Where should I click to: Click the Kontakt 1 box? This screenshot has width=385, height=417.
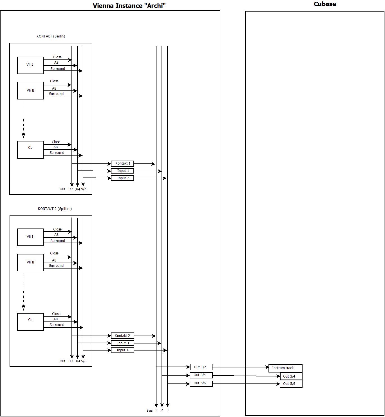tap(122, 164)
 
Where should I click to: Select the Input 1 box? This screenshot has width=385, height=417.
tap(122, 171)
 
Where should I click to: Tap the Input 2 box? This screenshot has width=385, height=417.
tap(122, 178)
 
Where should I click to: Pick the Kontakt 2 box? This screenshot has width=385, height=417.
tap(122, 336)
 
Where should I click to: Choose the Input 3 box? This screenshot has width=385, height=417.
tap(122, 343)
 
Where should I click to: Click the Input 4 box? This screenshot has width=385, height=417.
tap(122, 351)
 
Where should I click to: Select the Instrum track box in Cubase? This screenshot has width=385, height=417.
tap(285, 368)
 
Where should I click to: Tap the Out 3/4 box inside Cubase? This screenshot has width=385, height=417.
tap(291, 376)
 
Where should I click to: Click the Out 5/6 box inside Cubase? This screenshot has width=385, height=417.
tap(291, 384)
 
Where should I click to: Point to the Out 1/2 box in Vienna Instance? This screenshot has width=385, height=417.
tap(201, 367)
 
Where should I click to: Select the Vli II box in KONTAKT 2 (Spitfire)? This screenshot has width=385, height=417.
tap(30, 263)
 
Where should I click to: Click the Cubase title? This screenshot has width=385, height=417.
tap(325, 4)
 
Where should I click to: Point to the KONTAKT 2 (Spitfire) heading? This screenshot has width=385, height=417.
tap(55, 209)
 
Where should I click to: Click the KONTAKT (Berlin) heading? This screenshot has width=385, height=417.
tap(51, 36)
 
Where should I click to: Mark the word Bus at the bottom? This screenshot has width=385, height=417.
tap(149, 411)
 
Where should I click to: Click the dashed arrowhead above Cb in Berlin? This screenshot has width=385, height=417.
tap(23, 136)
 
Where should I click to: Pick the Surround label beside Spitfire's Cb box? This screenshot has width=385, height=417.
tap(57, 325)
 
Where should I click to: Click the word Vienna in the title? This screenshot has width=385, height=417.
tap(103, 6)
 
